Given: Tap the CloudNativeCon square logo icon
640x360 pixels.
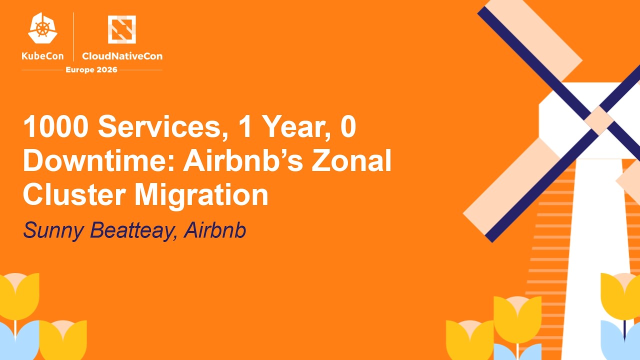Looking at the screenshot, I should tap(122, 29).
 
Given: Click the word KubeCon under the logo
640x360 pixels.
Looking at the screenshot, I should tap(43, 56).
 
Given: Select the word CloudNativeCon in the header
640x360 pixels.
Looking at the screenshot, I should tap(122, 56).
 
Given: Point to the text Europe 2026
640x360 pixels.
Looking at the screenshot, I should tap(91, 69).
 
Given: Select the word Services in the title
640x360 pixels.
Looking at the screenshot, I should tap(159, 127).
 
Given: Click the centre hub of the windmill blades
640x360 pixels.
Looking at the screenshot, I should tap(599, 120).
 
